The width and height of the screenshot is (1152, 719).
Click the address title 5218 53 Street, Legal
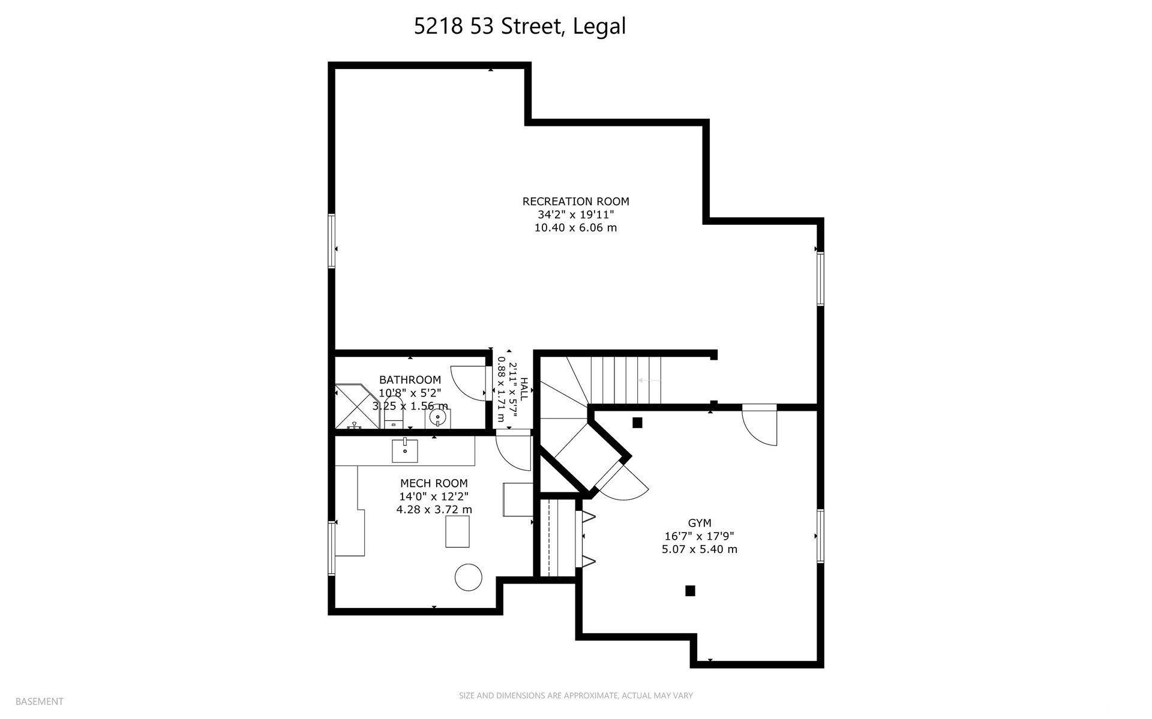click(x=520, y=27)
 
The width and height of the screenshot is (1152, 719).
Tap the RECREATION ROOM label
click(x=576, y=201)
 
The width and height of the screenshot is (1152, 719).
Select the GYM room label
click(x=700, y=523)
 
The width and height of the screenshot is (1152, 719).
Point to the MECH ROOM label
click(x=434, y=483)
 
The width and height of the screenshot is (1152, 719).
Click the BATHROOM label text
click(x=410, y=380)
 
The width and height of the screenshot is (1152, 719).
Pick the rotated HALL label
click(x=524, y=390)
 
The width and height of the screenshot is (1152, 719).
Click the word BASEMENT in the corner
click(x=39, y=701)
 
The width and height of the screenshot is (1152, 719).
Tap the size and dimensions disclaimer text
click(x=576, y=696)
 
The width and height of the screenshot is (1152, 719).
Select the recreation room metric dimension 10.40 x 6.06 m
click(x=576, y=228)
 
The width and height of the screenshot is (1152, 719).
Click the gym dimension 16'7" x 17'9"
click(x=700, y=536)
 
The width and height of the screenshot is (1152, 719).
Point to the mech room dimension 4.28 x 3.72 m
click(x=434, y=510)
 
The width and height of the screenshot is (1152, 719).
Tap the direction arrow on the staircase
click(x=650, y=380)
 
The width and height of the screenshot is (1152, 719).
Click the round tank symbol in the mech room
click(x=469, y=577)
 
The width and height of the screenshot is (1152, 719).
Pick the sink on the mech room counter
click(x=405, y=450)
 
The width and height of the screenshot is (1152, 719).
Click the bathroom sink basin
click(x=439, y=417)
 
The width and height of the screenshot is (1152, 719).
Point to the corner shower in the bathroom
click(x=358, y=407)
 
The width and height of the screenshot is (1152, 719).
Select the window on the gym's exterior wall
click(x=820, y=536)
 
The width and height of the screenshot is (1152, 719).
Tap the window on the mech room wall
click(x=332, y=548)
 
